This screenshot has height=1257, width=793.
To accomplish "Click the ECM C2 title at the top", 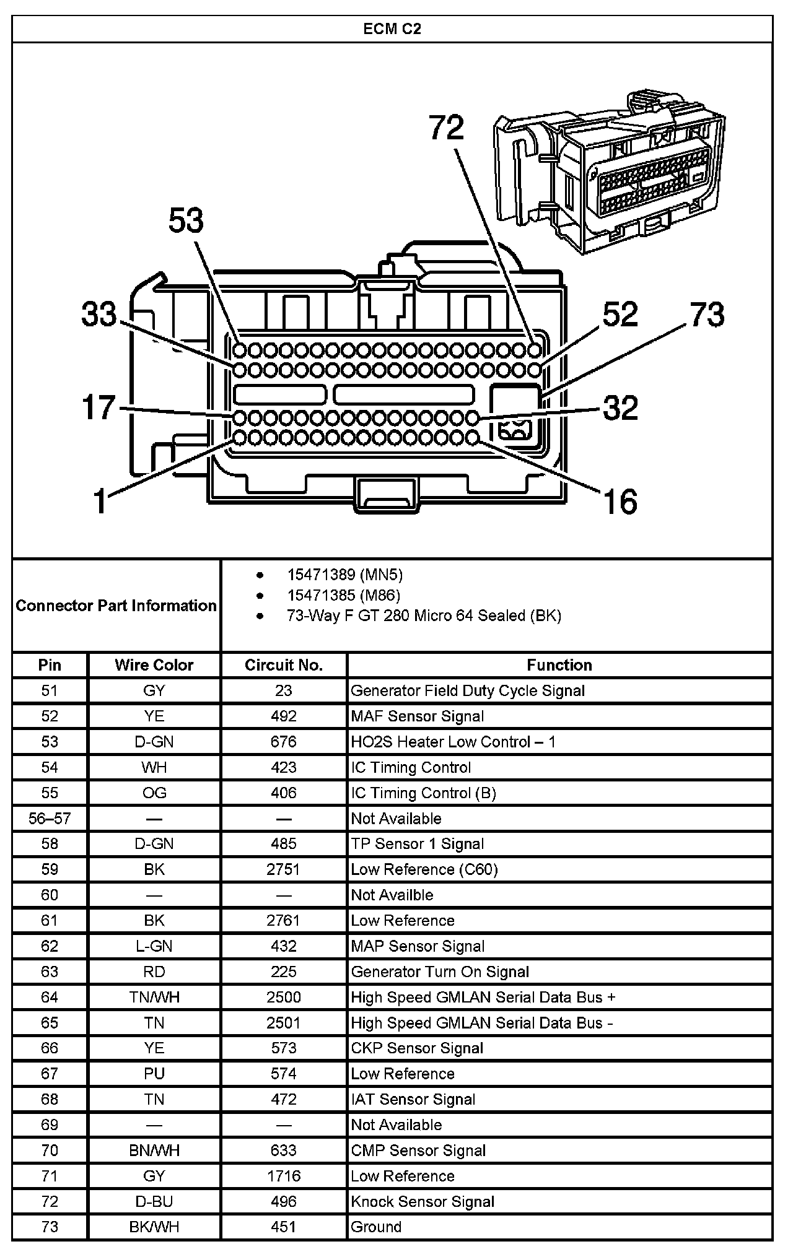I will (392, 29).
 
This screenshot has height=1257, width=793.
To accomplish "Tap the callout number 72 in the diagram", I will (446, 128).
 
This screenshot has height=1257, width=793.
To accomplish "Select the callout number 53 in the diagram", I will (186, 220).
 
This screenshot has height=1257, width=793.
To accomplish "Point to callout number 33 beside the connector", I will (99, 314).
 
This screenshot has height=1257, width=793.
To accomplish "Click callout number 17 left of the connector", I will (99, 407).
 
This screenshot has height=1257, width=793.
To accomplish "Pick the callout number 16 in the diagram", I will (620, 501).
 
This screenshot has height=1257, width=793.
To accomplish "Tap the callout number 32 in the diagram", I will (620, 407).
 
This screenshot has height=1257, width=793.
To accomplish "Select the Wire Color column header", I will (154, 665).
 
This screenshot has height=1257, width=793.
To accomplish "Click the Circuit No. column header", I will (284, 665).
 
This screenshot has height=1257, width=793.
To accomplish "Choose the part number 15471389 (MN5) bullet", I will (344, 575).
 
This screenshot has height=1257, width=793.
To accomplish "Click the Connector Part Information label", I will (116, 606).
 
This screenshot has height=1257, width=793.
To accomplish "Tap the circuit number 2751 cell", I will (283, 869).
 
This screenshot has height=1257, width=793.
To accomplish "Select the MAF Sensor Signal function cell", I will (418, 716).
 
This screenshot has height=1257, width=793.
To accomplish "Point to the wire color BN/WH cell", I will (154, 1150).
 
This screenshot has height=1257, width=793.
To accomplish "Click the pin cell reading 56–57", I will (50, 819).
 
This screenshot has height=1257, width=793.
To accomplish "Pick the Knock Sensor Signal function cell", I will (423, 1202).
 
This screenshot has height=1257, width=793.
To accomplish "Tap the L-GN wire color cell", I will (154, 946).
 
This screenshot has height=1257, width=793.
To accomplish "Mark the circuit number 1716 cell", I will (283, 1176).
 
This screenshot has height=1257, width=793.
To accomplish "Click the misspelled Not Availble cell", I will (392, 895).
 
